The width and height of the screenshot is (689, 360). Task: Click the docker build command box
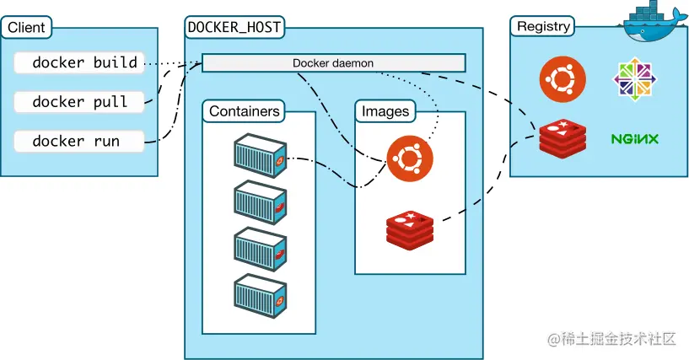79,62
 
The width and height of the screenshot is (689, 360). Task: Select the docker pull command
79,102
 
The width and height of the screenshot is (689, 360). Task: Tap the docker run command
79,141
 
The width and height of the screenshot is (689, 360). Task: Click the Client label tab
26,27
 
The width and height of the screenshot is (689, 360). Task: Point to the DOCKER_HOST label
234,27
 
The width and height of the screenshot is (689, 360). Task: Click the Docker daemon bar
333,63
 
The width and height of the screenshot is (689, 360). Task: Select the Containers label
244,111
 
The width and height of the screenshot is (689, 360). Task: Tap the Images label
385,111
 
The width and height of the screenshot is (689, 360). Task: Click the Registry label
544,26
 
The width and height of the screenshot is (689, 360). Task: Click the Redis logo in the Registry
563,138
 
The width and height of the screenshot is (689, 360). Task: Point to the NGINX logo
635,138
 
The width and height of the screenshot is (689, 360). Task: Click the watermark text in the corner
613,339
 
